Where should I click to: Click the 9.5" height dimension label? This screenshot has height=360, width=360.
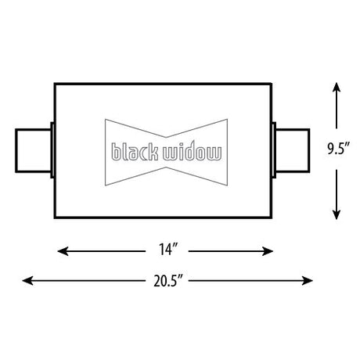click(338, 149)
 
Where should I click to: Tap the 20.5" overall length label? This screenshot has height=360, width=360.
click(167, 281)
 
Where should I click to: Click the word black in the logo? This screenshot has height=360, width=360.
click(135, 152)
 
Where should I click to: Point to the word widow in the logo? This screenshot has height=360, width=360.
click(193, 152)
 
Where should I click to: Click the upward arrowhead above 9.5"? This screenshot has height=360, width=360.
click(337, 87)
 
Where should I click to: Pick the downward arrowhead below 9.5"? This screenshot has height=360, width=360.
click(337, 214)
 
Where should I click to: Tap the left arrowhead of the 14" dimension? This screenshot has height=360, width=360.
click(63, 251)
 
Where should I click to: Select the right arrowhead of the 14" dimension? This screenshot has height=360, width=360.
click(268, 251)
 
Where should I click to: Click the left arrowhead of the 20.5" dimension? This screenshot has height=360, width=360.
click(27, 281)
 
